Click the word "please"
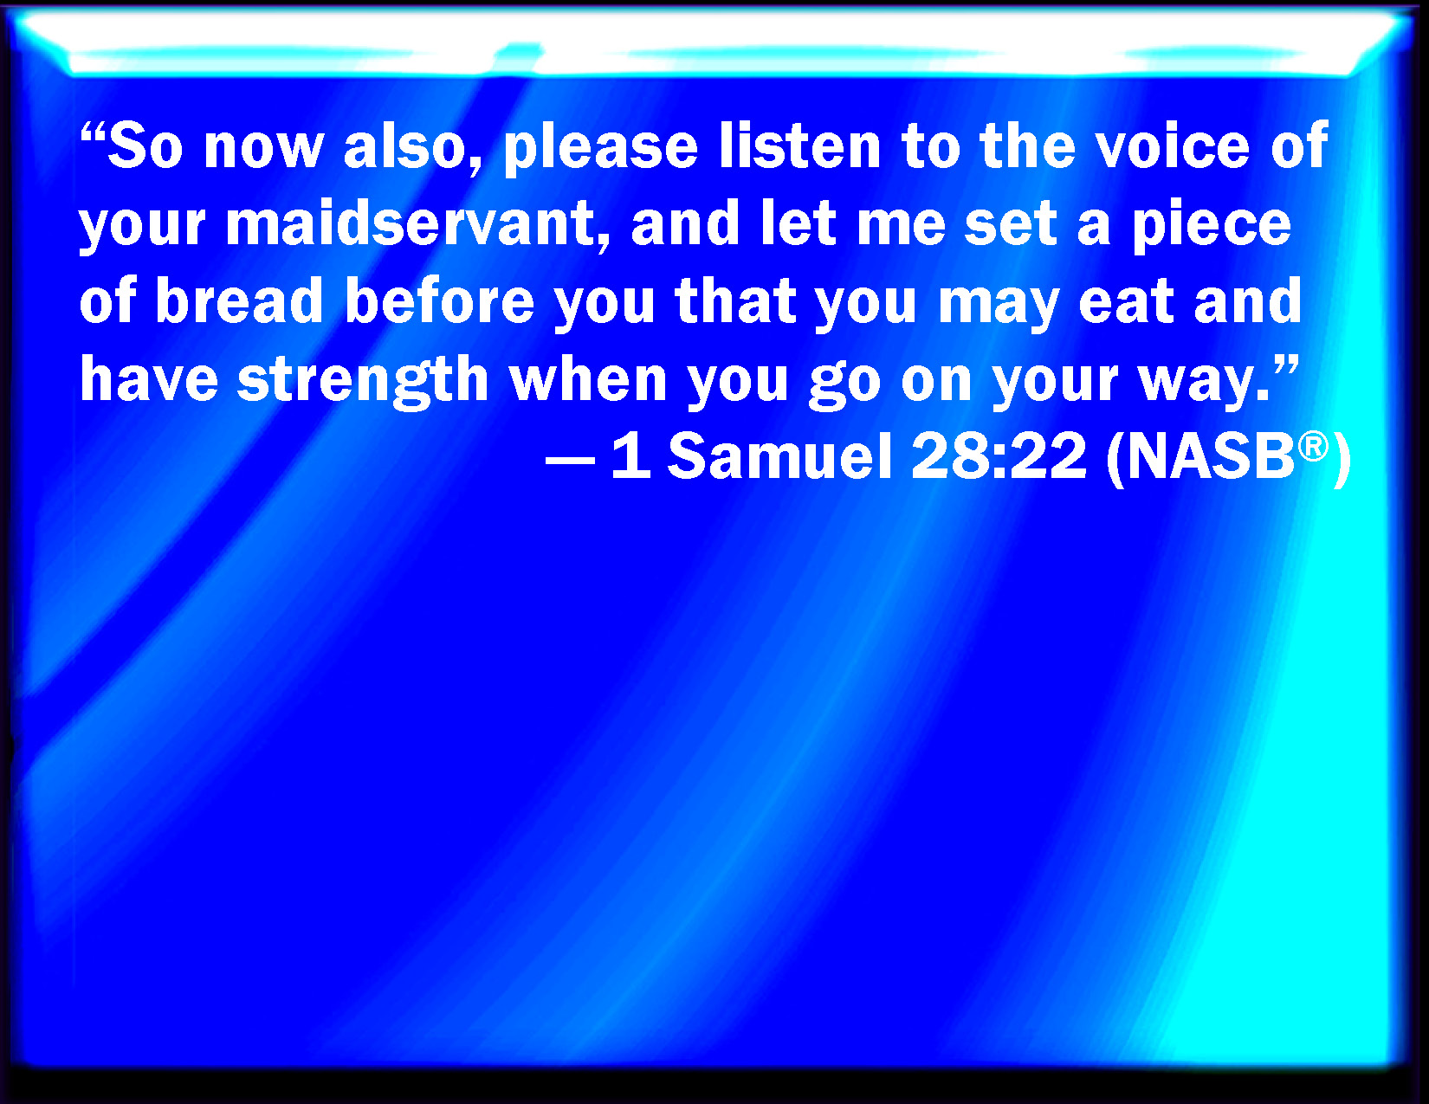point(600,148)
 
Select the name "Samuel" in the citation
point(779,456)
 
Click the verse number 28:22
point(999,456)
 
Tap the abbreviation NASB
point(1210,456)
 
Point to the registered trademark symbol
point(1313,447)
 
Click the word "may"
point(998,305)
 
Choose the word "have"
point(149,378)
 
